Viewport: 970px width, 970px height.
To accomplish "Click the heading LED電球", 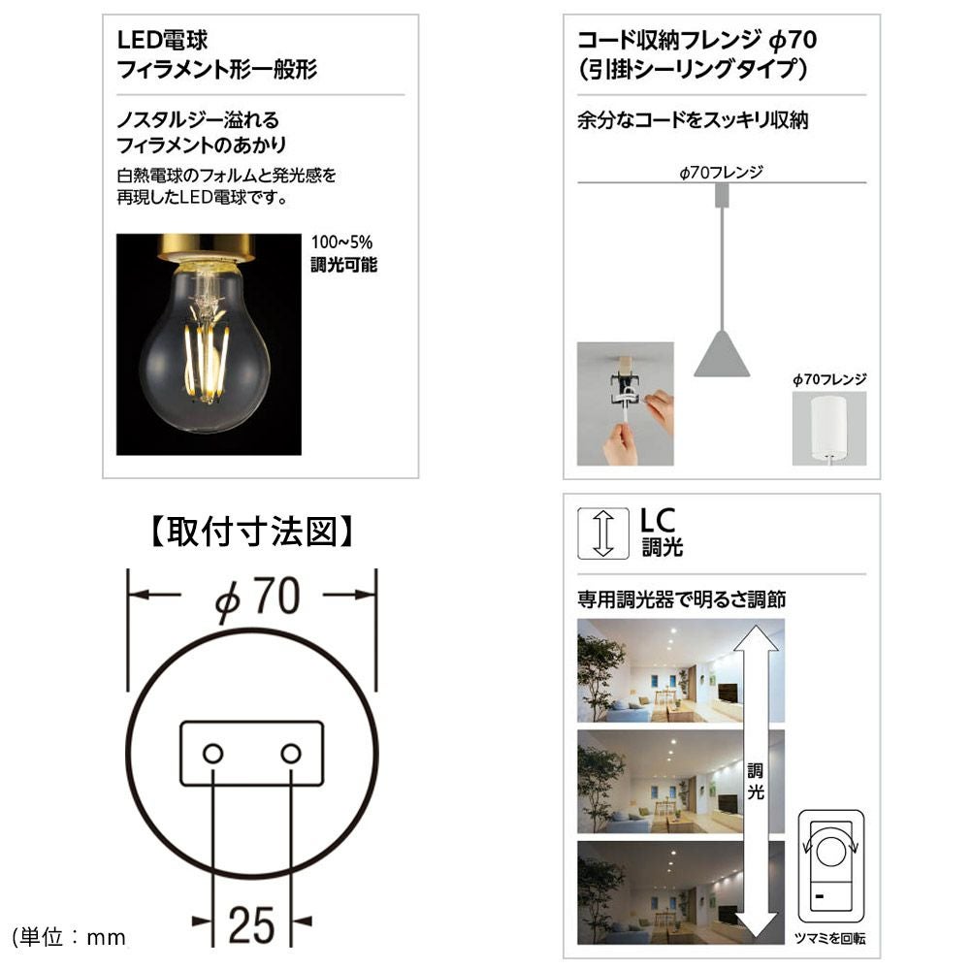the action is pyautogui.click(x=162, y=40).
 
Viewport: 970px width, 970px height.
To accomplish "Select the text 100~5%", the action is pyautogui.click(x=341, y=242).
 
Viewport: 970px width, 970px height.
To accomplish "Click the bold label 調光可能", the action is pyautogui.click(x=344, y=266).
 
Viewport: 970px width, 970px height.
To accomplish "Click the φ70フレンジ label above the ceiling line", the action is pyautogui.click(x=722, y=172).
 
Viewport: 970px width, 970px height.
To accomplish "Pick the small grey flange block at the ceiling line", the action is pyautogui.click(x=722, y=196).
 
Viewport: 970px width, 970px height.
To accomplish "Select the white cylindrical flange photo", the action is pyautogui.click(x=829, y=428).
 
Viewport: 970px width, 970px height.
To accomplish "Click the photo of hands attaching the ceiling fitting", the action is pyautogui.click(x=626, y=404).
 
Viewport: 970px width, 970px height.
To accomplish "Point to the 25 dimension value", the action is pyautogui.click(x=251, y=925).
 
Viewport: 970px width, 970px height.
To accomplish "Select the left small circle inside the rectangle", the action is pyautogui.click(x=212, y=754).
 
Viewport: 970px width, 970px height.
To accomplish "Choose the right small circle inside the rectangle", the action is pyautogui.click(x=291, y=754).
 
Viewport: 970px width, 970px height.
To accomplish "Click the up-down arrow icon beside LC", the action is pyautogui.click(x=603, y=533).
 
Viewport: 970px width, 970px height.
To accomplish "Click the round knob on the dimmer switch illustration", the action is pyautogui.click(x=831, y=852).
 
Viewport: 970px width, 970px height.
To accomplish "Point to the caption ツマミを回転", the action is pyautogui.click(x=829, y=939).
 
